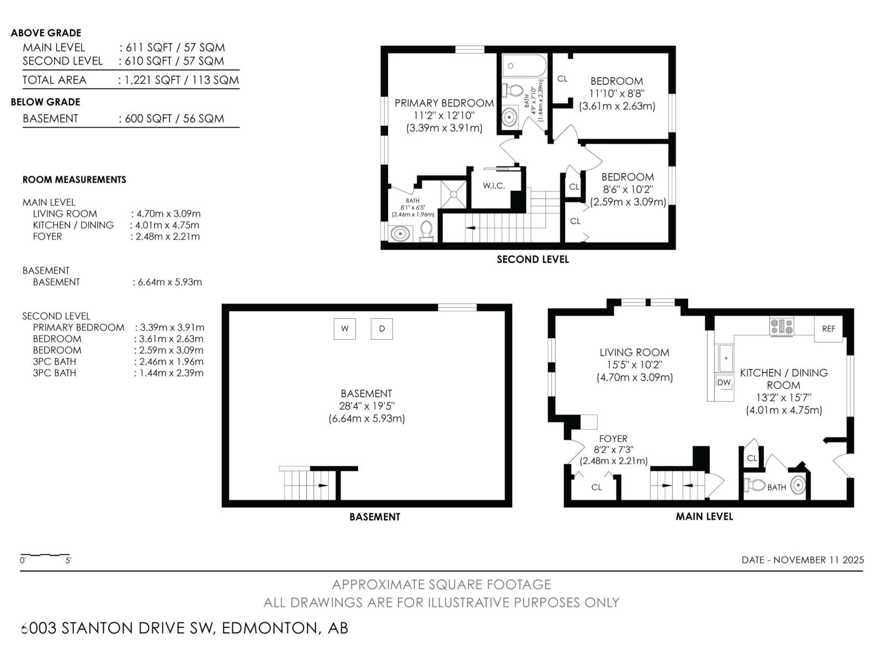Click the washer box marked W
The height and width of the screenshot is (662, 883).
pyautogui.click(x=345, y=329)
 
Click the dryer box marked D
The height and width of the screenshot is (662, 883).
pyautogui.click(x=381, y=329)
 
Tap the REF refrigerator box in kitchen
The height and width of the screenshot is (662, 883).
pyautogui.click(x=828, y=329)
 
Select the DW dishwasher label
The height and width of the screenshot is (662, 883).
pyautogui.click(x=724, y=382)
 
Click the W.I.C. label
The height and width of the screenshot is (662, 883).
pyautogui.click(x=494, y=186)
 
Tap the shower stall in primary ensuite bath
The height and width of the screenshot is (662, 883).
pyautogui.click(x=453, y=194)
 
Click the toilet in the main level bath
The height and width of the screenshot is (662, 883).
pyautogui.click(x=755, y=485)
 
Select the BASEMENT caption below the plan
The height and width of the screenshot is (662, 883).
pyautogui.click(x=375, y=517)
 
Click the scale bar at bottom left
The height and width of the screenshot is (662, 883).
pyautogui.click(x=45, y=555)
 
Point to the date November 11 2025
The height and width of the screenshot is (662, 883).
pyautogui.click(x=802, y=560)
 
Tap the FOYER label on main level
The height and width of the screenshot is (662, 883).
pyautogui.click(x=613, y=439)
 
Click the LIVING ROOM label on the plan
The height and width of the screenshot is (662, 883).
pyautogui.click(x=634, y=353)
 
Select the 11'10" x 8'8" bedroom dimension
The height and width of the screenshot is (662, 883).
pyautogui.click(x=616, y=94)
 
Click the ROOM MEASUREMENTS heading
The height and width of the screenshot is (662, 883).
pyautogui.click(x=74, y=180)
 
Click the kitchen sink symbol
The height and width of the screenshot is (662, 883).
pyautogui.click(x=725, y=357)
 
